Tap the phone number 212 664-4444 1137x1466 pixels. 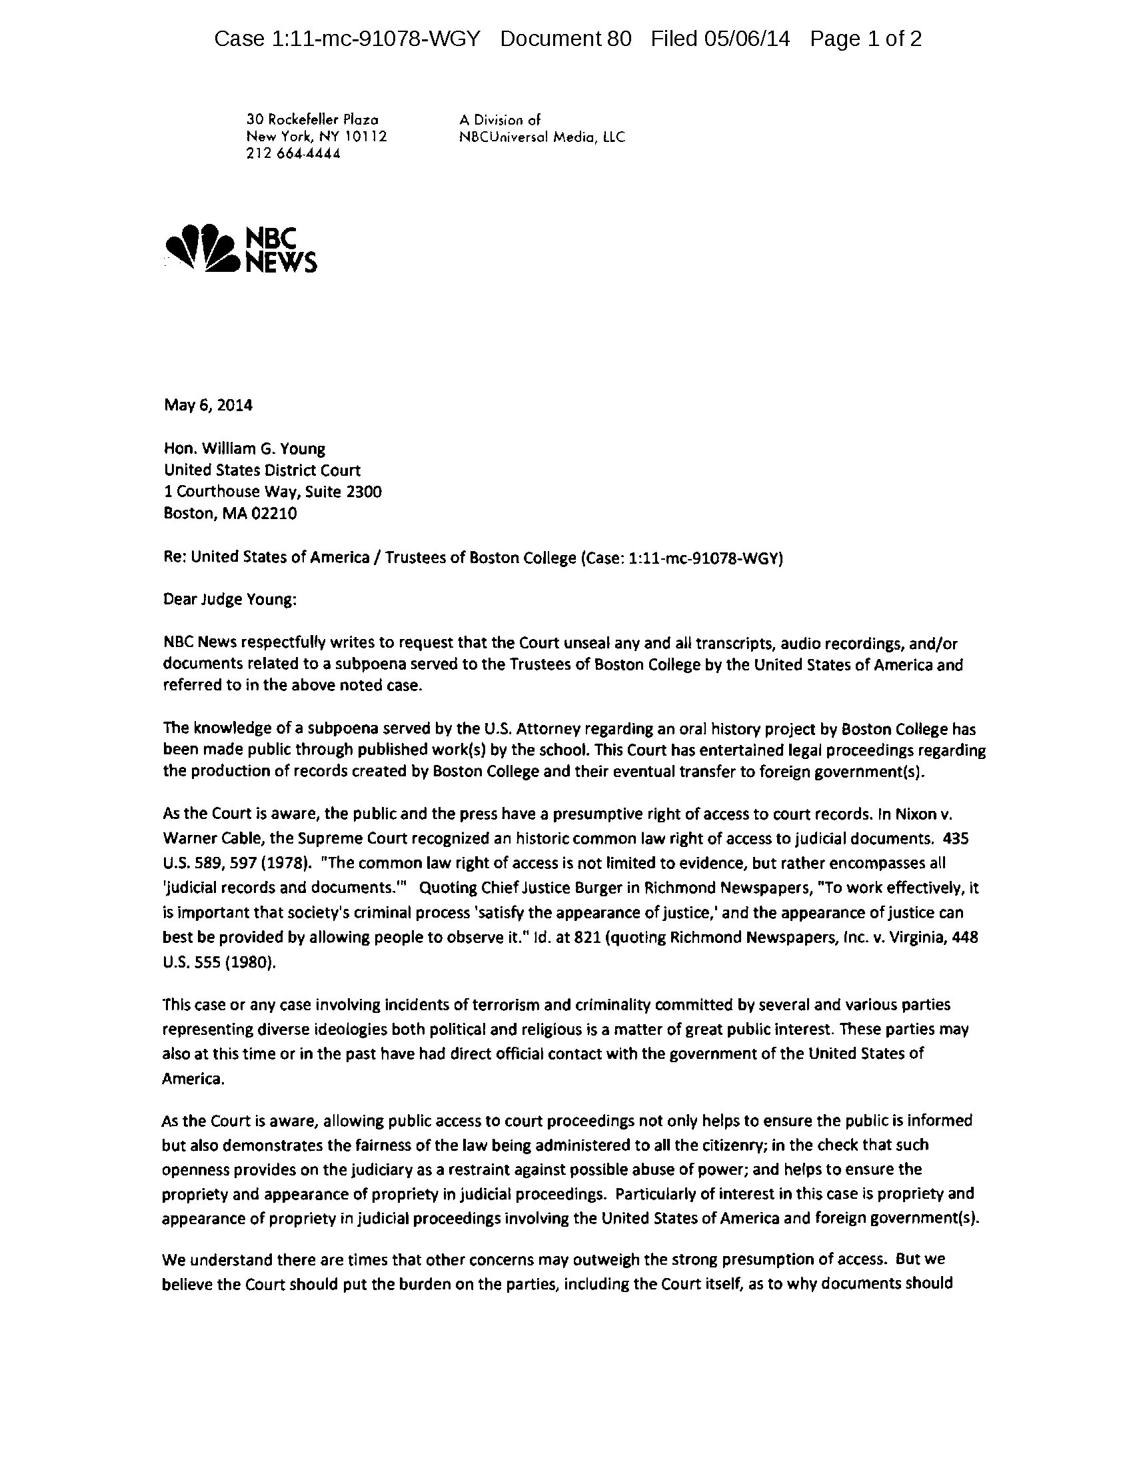click(x=293, y=154)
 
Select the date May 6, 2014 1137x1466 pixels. click(x=208, y=404)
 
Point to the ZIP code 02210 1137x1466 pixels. click(x=274, y=514)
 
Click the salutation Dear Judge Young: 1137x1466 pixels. click(x=229, y=600)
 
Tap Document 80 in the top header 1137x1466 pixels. click(x=565, y=39)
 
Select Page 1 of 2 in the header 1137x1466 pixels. click(x=865, y=39)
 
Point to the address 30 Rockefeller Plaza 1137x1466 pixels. click(x=312, y=120)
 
